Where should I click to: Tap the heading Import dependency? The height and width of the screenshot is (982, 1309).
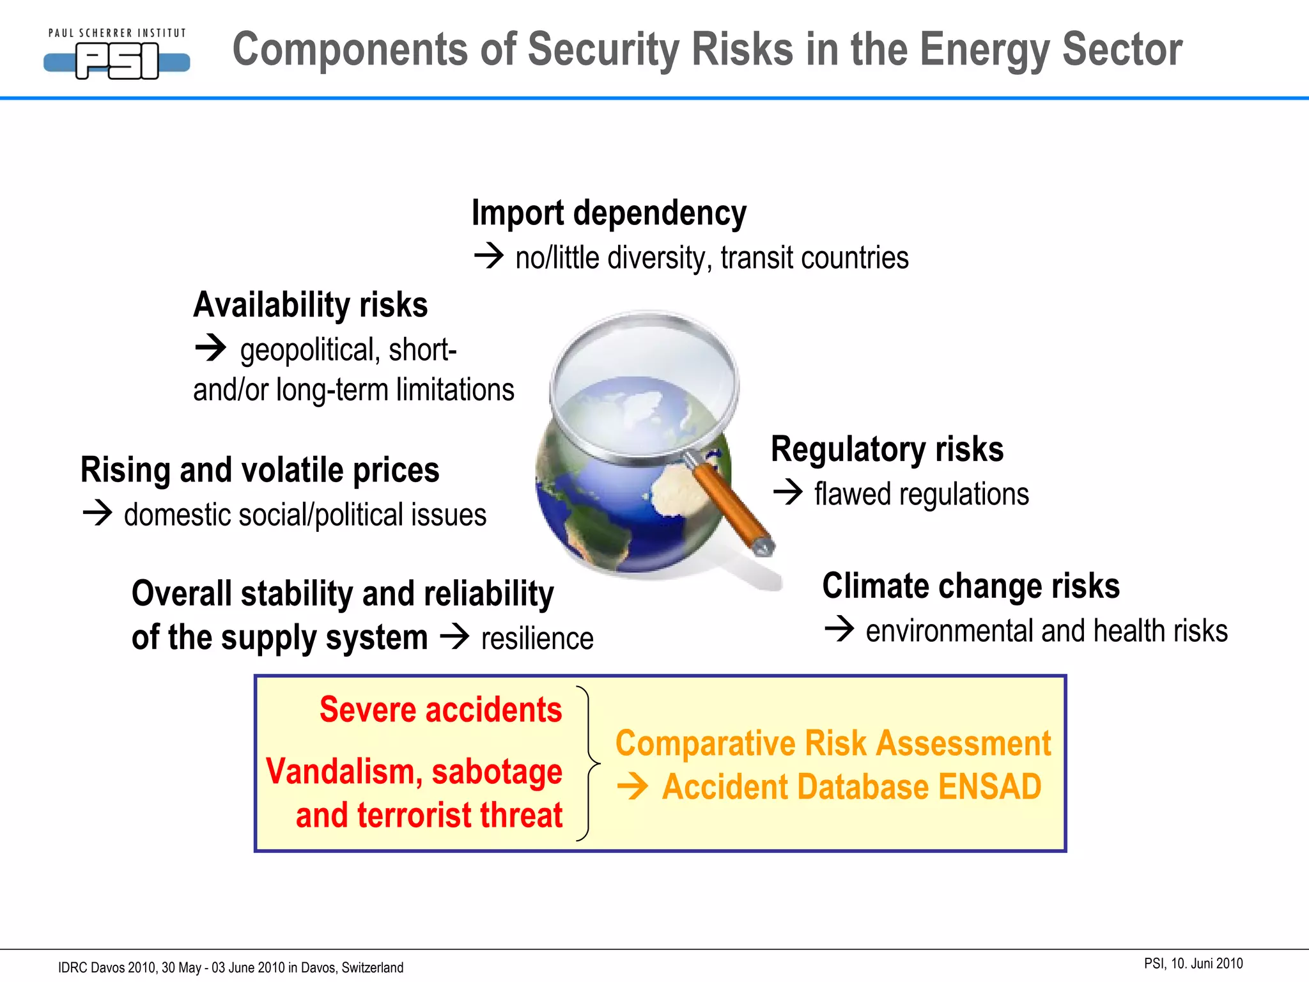[608, 213]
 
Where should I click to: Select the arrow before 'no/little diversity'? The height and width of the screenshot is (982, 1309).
[489, 257]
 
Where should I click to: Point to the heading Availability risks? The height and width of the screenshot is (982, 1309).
[311, 304]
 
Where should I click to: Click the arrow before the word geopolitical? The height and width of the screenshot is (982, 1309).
[210, 348]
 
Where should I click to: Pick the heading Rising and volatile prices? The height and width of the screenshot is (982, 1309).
[259, 470]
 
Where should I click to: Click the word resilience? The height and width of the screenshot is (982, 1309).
[537, 639]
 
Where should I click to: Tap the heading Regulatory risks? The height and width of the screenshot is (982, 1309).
[887, 449]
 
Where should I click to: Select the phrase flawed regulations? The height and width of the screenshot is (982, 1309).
[921, 494]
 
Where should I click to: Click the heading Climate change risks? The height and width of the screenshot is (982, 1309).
[971, 586]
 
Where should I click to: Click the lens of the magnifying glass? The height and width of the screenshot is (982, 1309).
[644, 384]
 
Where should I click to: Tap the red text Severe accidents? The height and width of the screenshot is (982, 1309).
[440, 710]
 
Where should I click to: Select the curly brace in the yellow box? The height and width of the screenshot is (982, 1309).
[588, 763]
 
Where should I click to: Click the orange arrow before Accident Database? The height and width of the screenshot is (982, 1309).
[633, 787]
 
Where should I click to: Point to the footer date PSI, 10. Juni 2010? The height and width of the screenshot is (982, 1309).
[1193, 963]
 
